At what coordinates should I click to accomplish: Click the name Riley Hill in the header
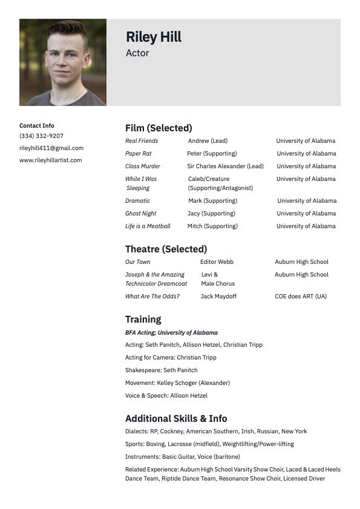coord(154,38)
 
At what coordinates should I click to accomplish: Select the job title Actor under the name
coord(137,53)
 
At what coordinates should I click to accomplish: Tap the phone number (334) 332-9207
coord(41,136)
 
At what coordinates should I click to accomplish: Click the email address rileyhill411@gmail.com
coord(51,148)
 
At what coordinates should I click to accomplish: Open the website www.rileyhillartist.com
coord(50,160)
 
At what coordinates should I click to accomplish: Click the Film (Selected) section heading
coord(159,128)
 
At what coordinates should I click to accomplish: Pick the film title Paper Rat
coord(139,154)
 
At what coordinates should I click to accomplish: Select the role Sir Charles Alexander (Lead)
coord(225,166)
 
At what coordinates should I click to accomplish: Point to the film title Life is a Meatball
coord(148,226)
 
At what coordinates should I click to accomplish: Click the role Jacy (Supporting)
coord(211,214)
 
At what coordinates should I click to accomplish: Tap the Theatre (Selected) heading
coord(166,249)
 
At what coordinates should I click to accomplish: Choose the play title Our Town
coord(138,262)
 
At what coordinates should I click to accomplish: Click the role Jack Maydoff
coord(218,297)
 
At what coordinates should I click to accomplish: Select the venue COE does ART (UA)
coord(301,297)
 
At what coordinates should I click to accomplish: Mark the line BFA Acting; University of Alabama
coord(171,333)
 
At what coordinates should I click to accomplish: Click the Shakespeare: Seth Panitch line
coord(162,370)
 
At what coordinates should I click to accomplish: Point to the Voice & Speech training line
coord(166,396)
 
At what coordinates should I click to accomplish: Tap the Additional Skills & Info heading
coord(176,419)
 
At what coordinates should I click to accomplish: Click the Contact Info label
coord(37,126)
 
